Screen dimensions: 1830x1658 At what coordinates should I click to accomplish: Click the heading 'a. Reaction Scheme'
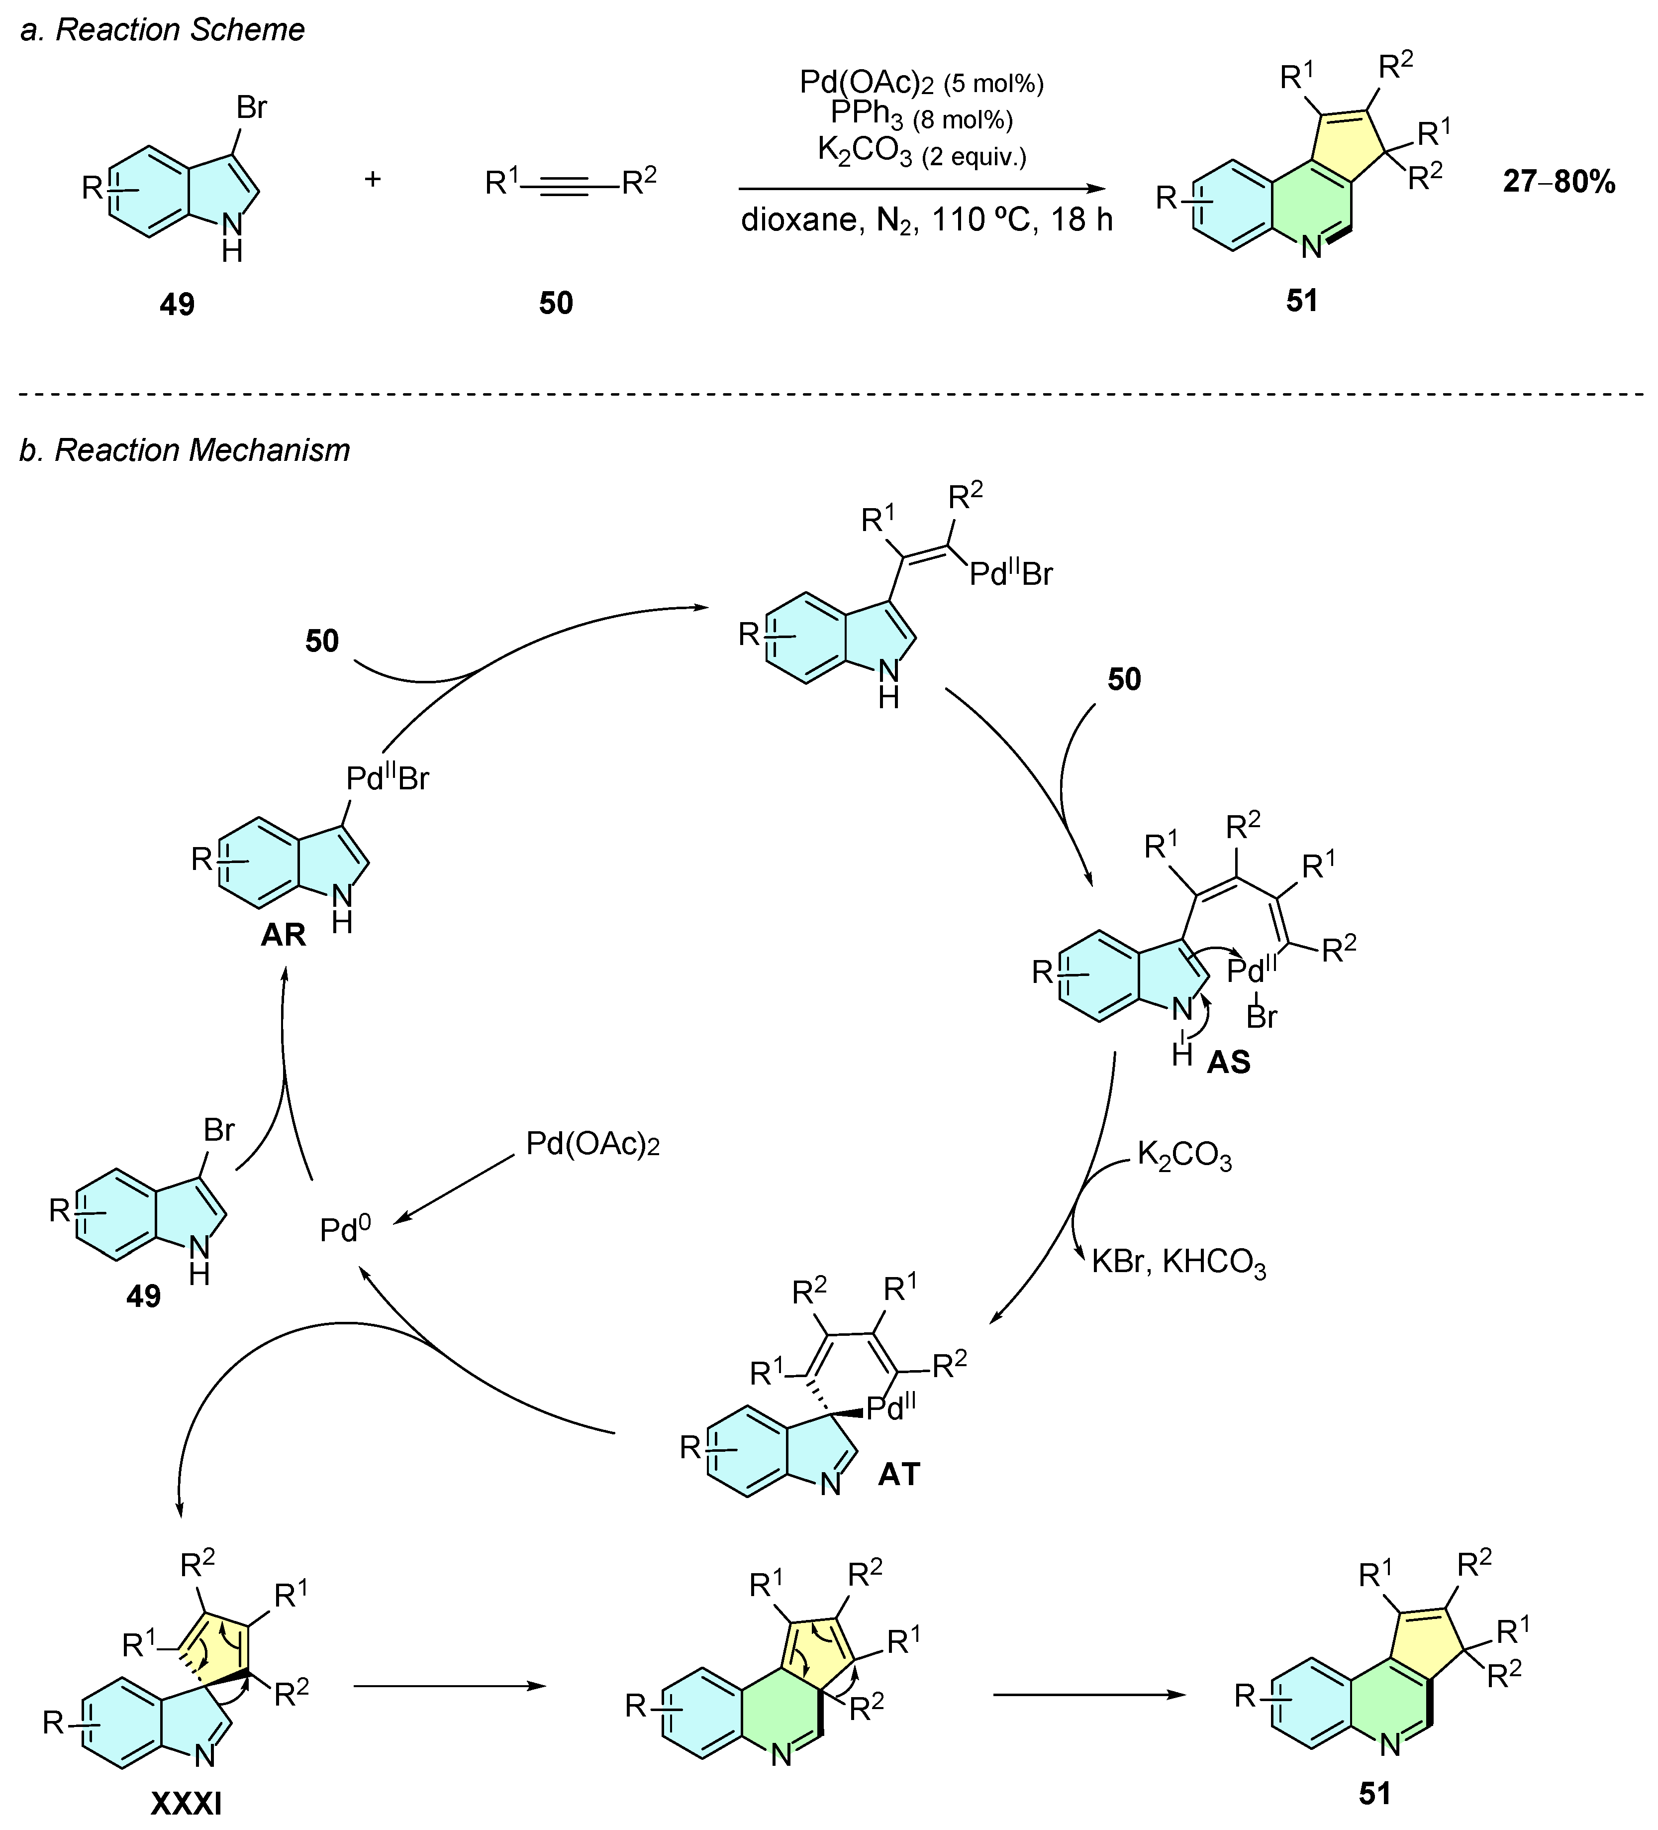pos(163,30)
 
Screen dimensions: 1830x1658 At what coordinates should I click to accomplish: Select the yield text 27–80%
pos(1558,183)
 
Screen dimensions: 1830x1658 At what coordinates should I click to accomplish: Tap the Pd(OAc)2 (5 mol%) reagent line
pos(921,84)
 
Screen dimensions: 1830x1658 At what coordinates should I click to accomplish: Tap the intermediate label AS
pos(1229,1062)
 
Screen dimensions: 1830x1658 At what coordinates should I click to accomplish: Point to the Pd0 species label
pos(345,1230)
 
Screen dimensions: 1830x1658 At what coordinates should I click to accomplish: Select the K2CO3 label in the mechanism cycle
pos(1184,1157)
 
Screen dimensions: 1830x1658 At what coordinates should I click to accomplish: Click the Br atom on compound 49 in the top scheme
pos(251,108)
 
